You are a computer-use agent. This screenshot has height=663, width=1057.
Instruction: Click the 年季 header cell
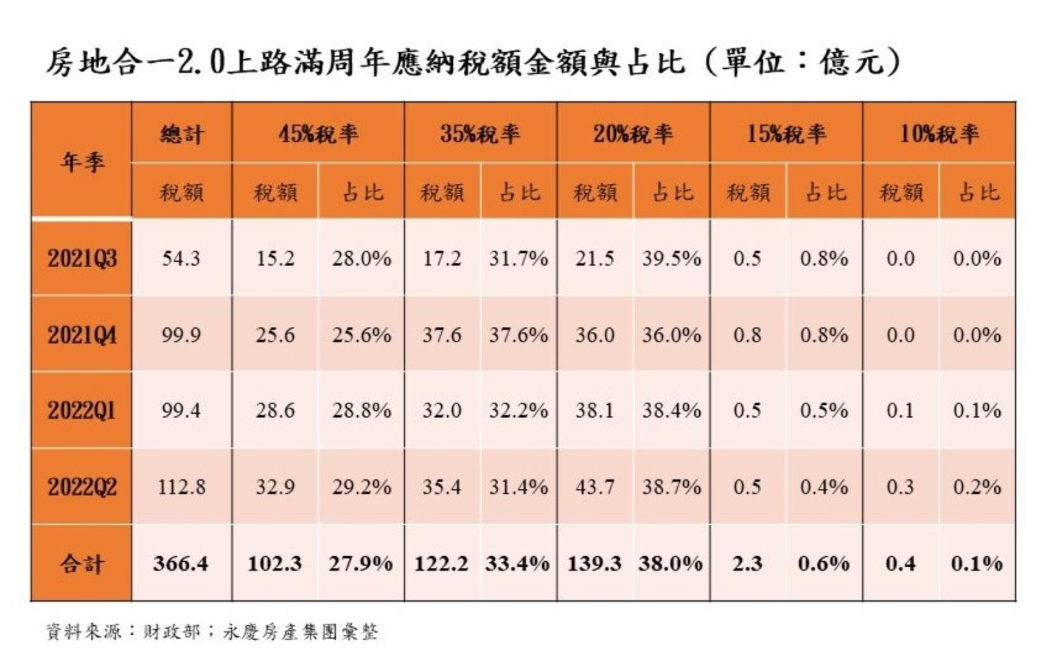coord(81,162)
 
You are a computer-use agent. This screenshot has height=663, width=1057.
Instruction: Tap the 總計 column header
coord(182,134)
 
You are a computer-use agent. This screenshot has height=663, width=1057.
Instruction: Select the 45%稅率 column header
coord(318,134)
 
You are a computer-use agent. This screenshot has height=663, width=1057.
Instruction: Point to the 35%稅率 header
coord(480,134)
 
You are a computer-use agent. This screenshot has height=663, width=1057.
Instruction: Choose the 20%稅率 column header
coord(633,134)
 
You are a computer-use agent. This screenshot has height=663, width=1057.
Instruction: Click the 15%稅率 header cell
coord(786,134)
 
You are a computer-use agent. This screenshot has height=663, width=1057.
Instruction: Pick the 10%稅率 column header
coord(939,134)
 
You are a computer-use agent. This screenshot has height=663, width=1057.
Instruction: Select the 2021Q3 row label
coord(82,259)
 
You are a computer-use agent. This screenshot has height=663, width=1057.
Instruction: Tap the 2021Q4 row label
coord(82,335)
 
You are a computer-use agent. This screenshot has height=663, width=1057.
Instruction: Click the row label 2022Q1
coord(82,411)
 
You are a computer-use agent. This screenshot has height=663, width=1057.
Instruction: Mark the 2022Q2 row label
coord(82,487)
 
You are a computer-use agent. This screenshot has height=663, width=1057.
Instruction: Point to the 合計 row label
coord(82,564)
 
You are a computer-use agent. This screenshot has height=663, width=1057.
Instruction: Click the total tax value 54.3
coord(181,259)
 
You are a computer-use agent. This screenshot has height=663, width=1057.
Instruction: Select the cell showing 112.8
coord(181,487)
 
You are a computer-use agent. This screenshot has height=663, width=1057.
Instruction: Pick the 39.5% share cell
coord(671,259)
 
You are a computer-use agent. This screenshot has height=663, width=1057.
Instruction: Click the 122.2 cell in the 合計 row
coord(441,564)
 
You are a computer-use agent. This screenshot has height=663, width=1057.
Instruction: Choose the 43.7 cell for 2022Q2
coord(595,487)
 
